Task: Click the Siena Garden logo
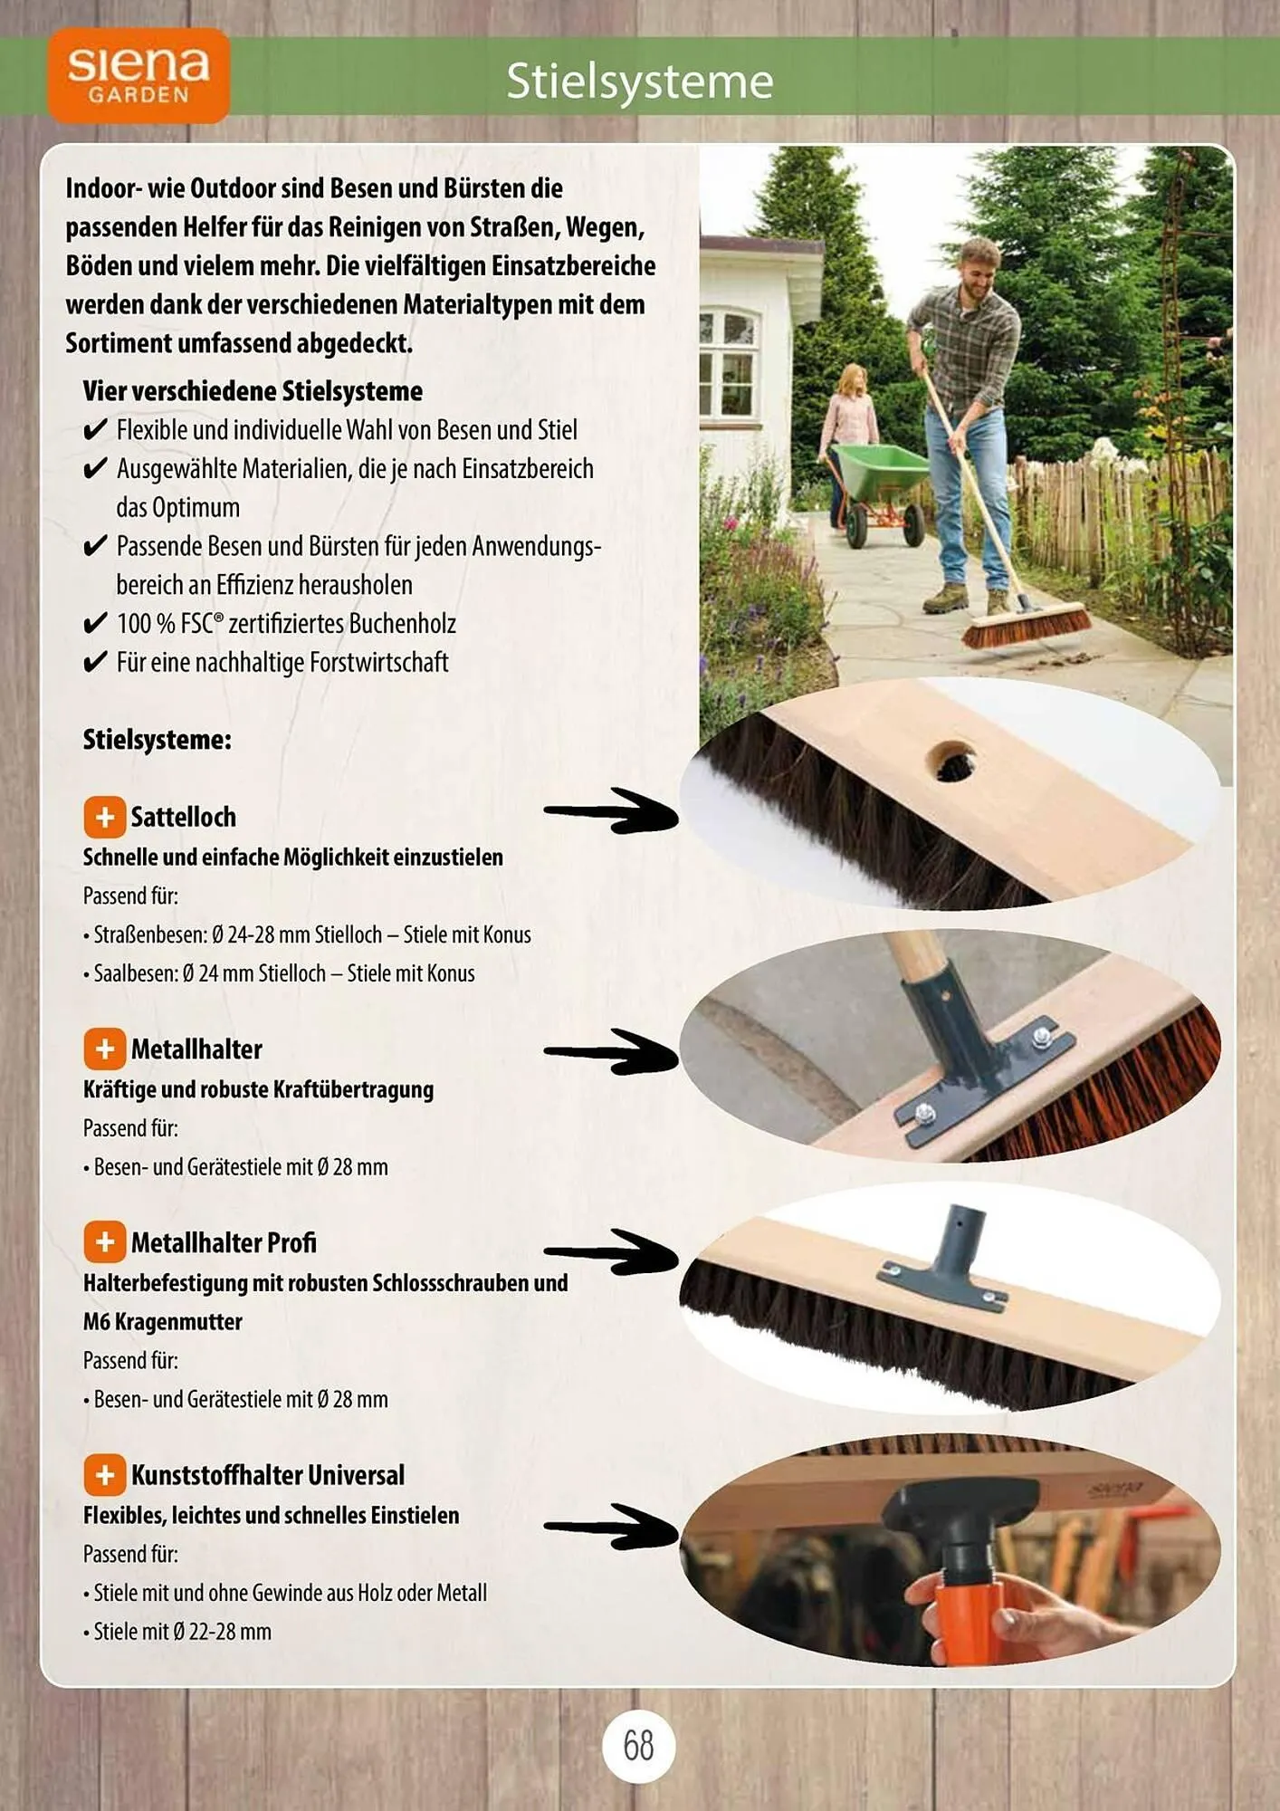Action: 139,75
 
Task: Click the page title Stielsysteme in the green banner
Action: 640,81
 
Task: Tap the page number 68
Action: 638,1745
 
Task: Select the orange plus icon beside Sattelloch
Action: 105,817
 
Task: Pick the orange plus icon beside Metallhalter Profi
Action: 105,1241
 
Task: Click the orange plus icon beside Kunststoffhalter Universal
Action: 105,1474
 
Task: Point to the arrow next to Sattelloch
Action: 611,811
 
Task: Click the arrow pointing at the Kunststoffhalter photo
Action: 611,1527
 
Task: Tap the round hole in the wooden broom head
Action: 950,762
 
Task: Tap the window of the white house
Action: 730,362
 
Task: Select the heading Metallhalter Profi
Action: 224,1242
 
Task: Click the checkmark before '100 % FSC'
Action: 95,624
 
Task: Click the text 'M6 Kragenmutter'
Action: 163,1322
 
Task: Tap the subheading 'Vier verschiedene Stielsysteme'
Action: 253,391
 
